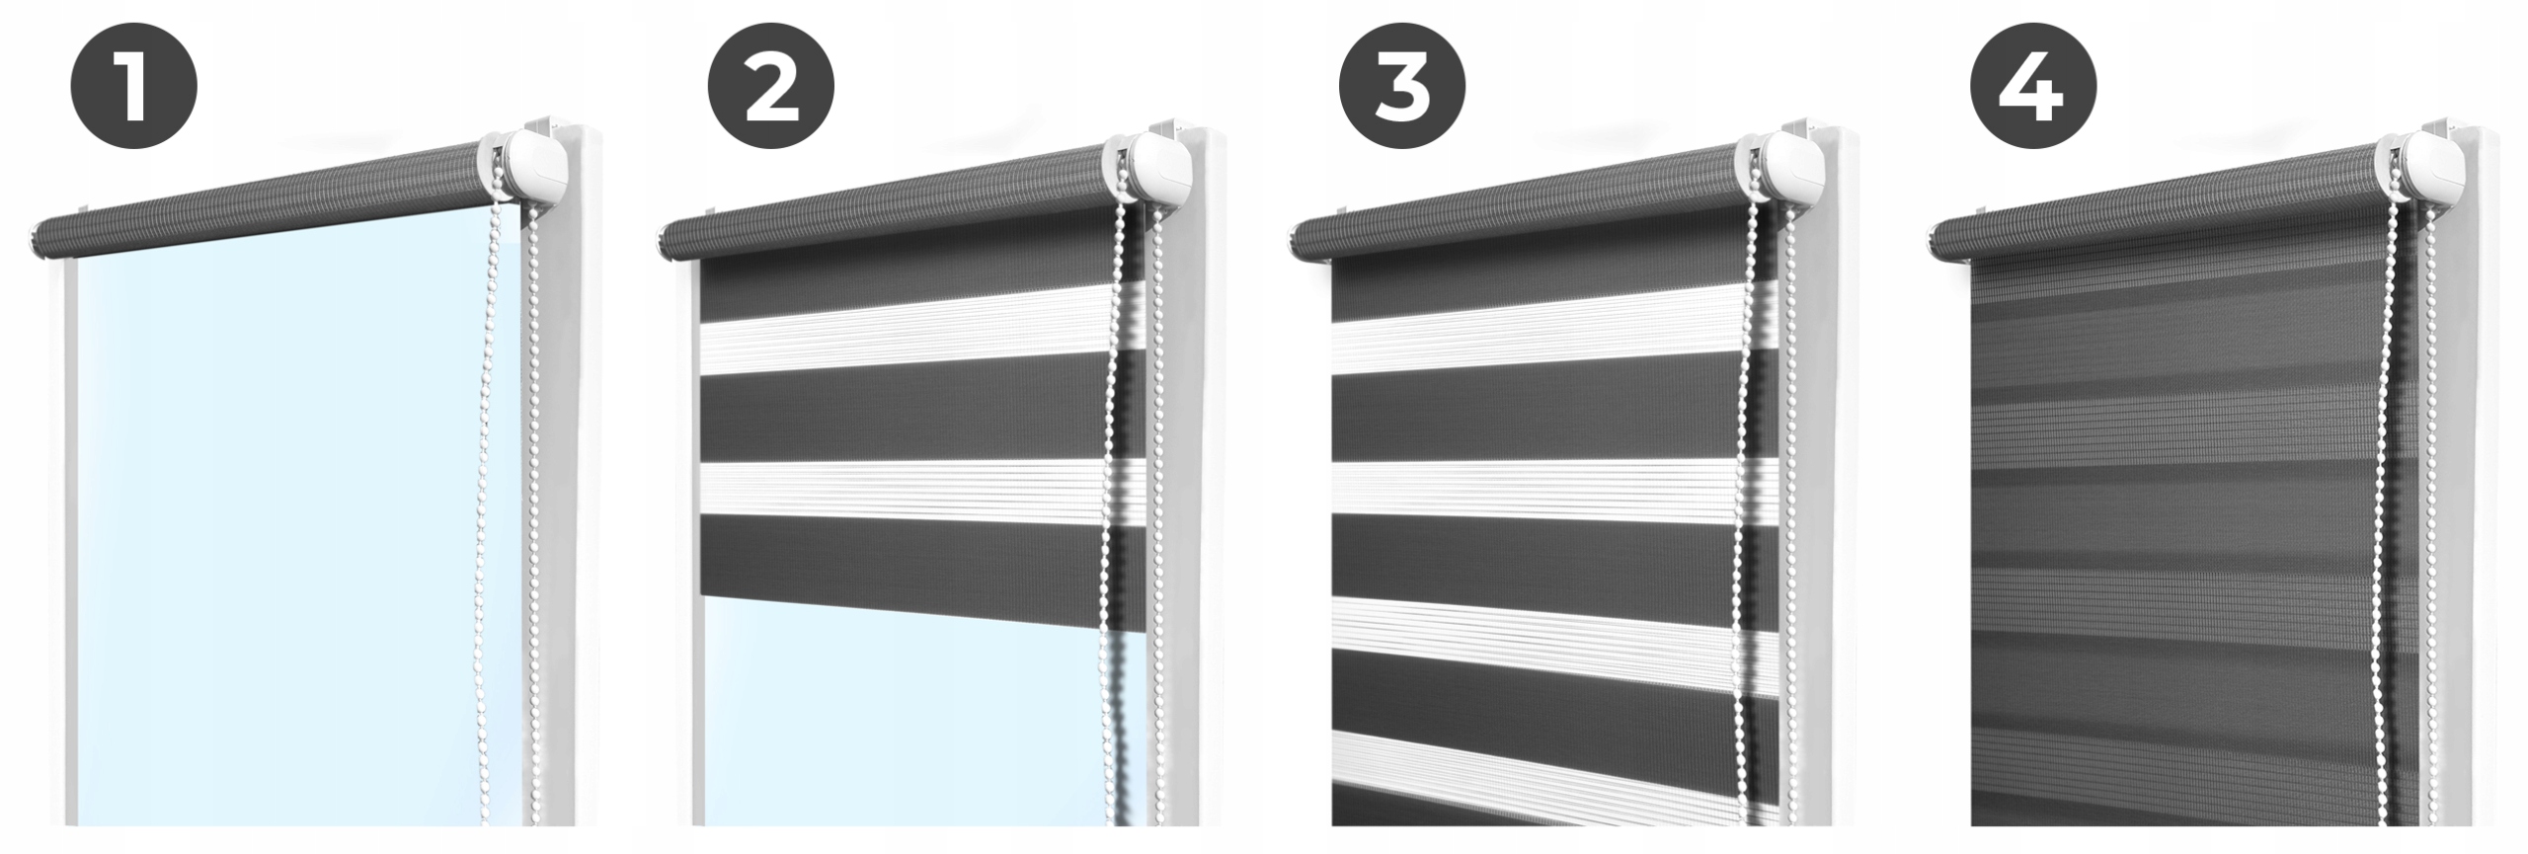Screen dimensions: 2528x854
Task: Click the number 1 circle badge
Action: tap(133, 88)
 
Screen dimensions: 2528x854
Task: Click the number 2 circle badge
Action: tap(770, 88)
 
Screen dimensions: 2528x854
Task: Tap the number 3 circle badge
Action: tap(1402, 88)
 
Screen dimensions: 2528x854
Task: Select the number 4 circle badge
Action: tap(2033, 88)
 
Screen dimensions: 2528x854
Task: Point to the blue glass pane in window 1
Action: tap(286, 533)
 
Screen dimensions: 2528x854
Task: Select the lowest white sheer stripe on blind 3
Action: tap(1550, 764)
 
